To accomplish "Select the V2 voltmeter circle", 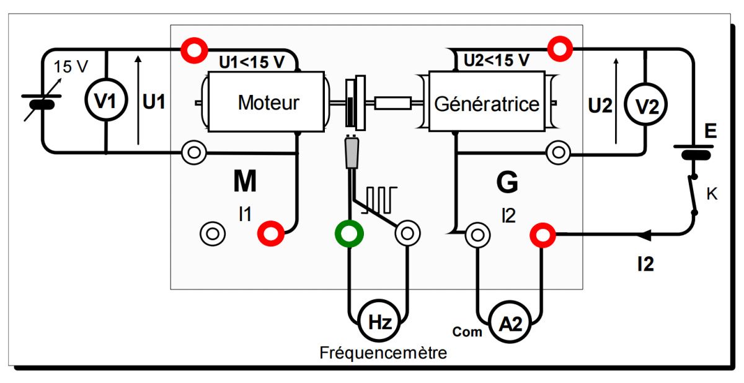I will coord(646,106).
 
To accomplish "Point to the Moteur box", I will coord(268,102).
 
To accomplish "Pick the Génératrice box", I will coord(487,103).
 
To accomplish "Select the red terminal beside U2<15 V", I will coord(560,48).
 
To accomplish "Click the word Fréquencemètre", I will coord(383,354).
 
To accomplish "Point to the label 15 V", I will coord(71,66).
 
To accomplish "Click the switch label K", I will coord(712,195).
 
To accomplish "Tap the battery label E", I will coord(711,132).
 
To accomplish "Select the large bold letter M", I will coord(245,181).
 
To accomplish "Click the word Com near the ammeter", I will coord(467,331).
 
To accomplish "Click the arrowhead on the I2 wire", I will coord(644,235).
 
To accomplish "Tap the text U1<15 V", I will coord(252,62).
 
